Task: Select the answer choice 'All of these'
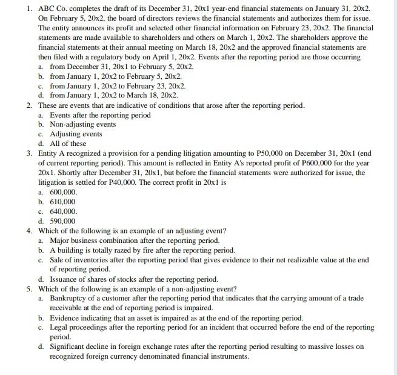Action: pos(68,144)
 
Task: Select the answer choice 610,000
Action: pos(62,202)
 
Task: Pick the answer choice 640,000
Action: pos(63,211)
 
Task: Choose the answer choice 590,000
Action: pos(62,221)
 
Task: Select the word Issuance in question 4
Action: pos(65,279)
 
